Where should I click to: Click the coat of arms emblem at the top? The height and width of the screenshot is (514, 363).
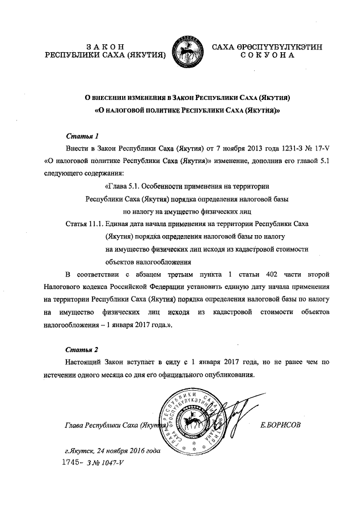click(x=188, y=50)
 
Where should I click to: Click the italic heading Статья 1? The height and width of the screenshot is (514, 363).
click(x=83, y=136)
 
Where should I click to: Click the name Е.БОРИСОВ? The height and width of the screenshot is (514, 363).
click(x=281, y=424)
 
